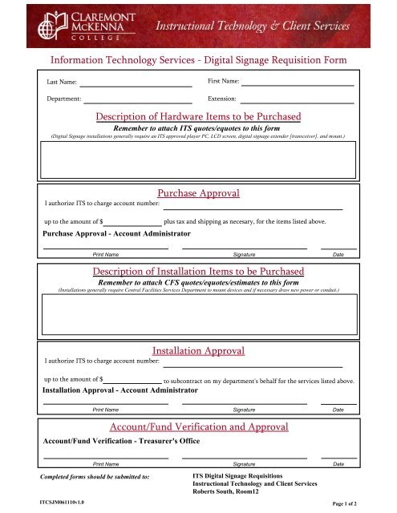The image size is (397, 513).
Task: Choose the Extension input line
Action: tap(296, 101)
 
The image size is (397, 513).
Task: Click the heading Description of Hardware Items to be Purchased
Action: tap(198, 117)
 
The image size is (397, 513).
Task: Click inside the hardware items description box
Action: tap(198, 164)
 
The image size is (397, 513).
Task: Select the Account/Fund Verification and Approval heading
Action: tap(198, 427)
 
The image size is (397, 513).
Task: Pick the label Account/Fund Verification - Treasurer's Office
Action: tap(121, 441)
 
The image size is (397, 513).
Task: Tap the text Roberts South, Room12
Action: tap(231, 492)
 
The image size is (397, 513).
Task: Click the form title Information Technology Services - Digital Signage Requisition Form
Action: tap(198, 59)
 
